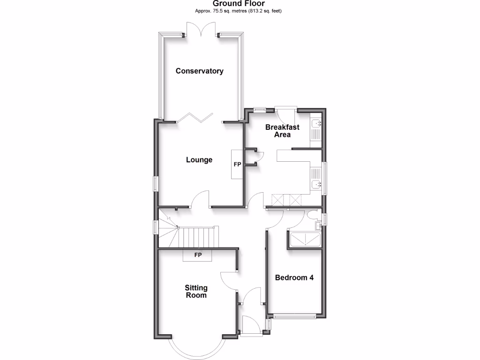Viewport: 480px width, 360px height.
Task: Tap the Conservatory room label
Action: point(199,71)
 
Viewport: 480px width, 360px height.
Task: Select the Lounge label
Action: point(199,160)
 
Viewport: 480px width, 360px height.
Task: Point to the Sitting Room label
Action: point(196,291)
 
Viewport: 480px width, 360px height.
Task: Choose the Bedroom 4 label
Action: point(294,277)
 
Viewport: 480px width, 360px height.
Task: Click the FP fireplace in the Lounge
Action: point(237,165)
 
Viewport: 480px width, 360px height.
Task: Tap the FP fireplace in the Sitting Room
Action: point(198,255)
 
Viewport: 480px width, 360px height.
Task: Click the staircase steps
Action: point(199,237)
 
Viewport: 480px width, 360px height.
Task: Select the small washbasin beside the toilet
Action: point(319,225)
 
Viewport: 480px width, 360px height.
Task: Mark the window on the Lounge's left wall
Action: point(155,183)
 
